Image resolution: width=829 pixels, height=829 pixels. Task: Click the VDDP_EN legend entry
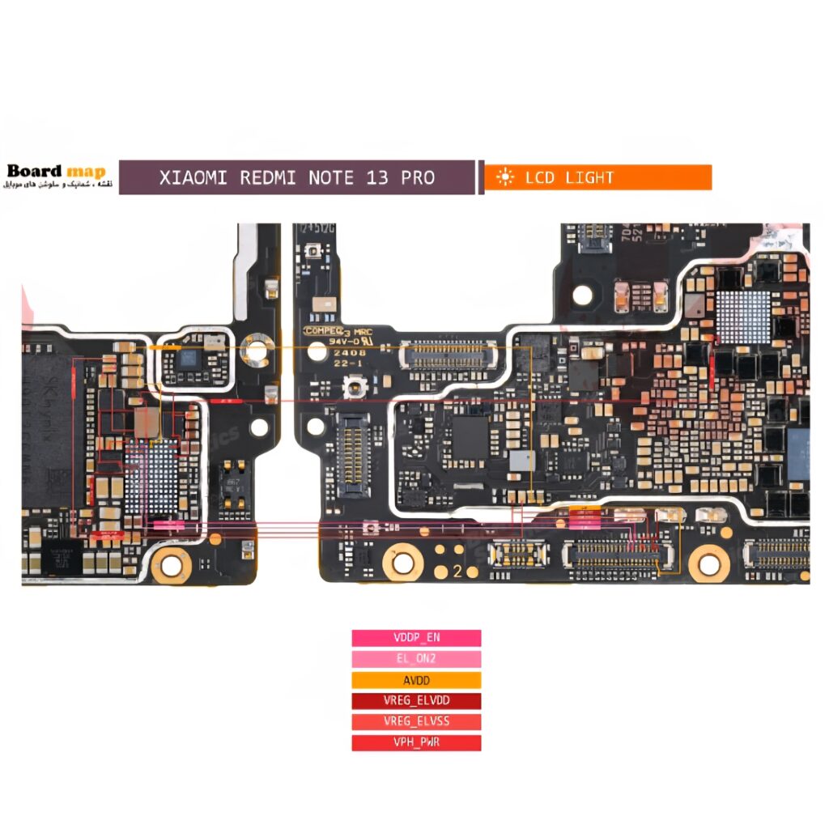[416, 638]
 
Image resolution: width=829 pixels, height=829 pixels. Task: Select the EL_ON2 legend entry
[416, 659]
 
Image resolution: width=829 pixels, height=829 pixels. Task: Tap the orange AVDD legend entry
[416, 680]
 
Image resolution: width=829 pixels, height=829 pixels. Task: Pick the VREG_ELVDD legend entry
[416, 701]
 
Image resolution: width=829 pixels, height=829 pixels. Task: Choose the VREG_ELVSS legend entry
[416, 722]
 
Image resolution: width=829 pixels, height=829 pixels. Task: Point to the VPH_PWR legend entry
[416, 742]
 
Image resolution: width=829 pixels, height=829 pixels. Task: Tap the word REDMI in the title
[268, 177]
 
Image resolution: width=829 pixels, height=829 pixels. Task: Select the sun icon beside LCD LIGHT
[505, 177]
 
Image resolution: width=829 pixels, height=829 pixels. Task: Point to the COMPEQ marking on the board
[325, 331]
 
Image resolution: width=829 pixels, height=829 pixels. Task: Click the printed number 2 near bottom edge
[457, 572]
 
